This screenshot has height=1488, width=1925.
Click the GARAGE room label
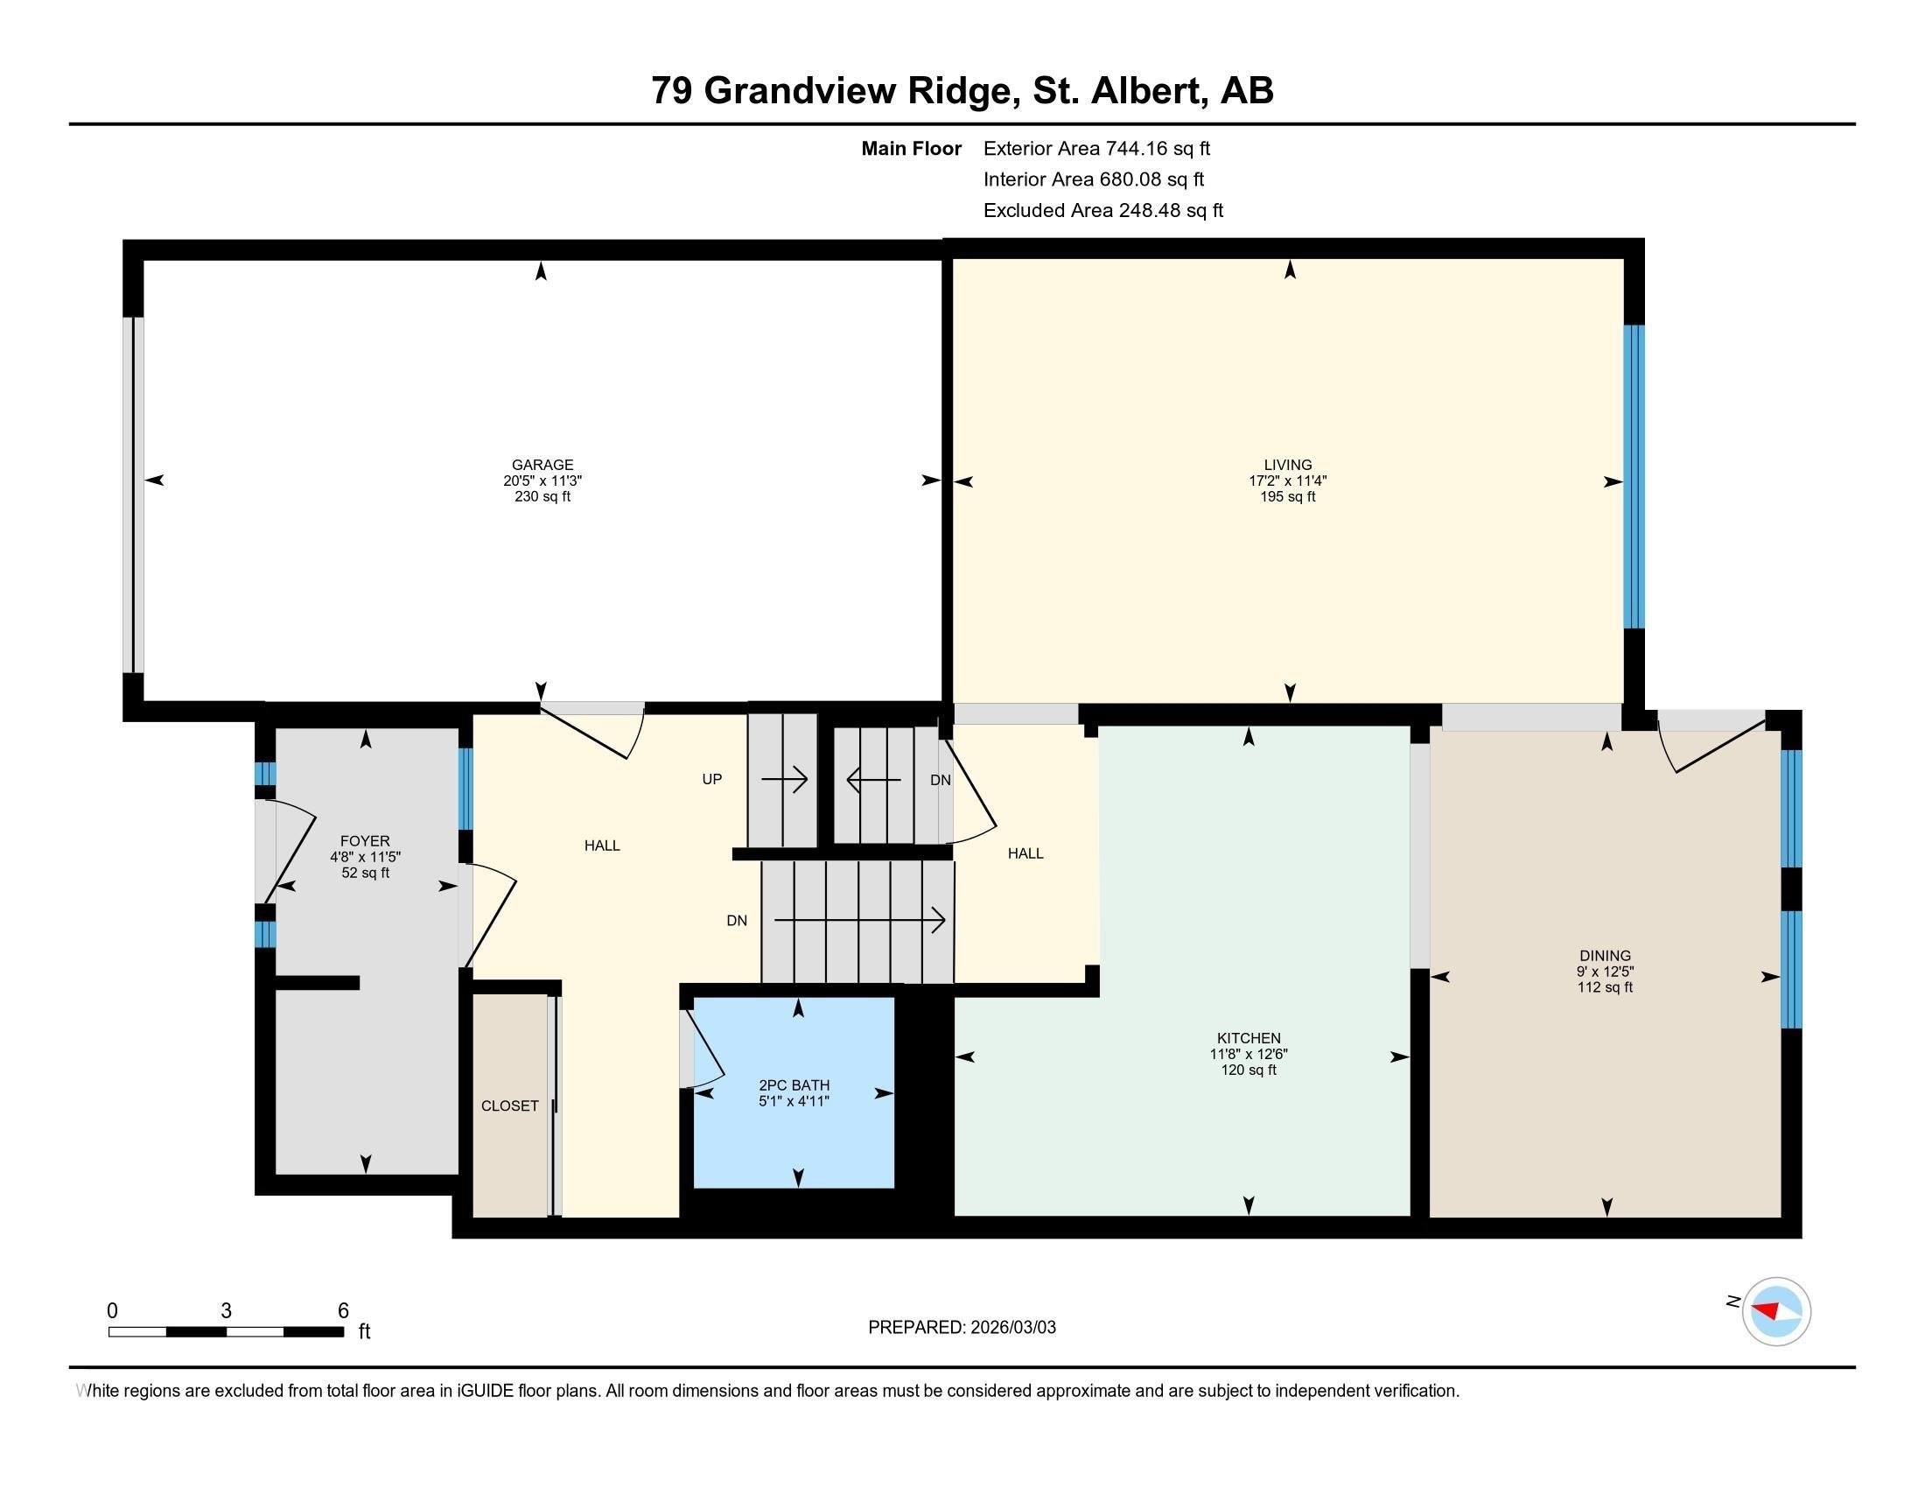click(x=542, y=465)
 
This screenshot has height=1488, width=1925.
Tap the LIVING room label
click(x=1288, y=465)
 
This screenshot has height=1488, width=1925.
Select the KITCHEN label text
click(x=1248, y=1038)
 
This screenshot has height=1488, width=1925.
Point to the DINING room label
click(x=1605, y=956)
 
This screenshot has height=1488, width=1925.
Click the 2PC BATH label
click(x=794, y=1085)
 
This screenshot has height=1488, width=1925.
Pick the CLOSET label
click(x=509, y=1105)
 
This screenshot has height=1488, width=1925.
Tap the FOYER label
click(x=365, y=841)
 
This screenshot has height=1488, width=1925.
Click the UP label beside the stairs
click(x=711, y=779)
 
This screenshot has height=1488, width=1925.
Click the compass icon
click(x=1776, y=1312)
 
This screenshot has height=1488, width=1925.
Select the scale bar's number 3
click(x=227, y=1311)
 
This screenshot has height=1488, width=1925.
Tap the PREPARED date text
click(x=962, y=1328)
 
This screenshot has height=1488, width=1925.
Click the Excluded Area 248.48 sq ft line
click(x=1102, y=211)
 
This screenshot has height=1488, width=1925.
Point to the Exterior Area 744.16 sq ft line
click(x=1096, y=149)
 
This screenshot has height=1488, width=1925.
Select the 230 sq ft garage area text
click(x=542, y=496)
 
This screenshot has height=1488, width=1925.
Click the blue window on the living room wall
click(x=1634, y=476)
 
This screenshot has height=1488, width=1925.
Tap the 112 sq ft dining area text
click(x=1605, y=987)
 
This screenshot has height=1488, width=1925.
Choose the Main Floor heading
click(x=911, y=149)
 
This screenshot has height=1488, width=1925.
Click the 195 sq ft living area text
click(x=1288, y=496)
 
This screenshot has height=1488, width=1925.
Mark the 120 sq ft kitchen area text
click(x=1248, y=1070)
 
